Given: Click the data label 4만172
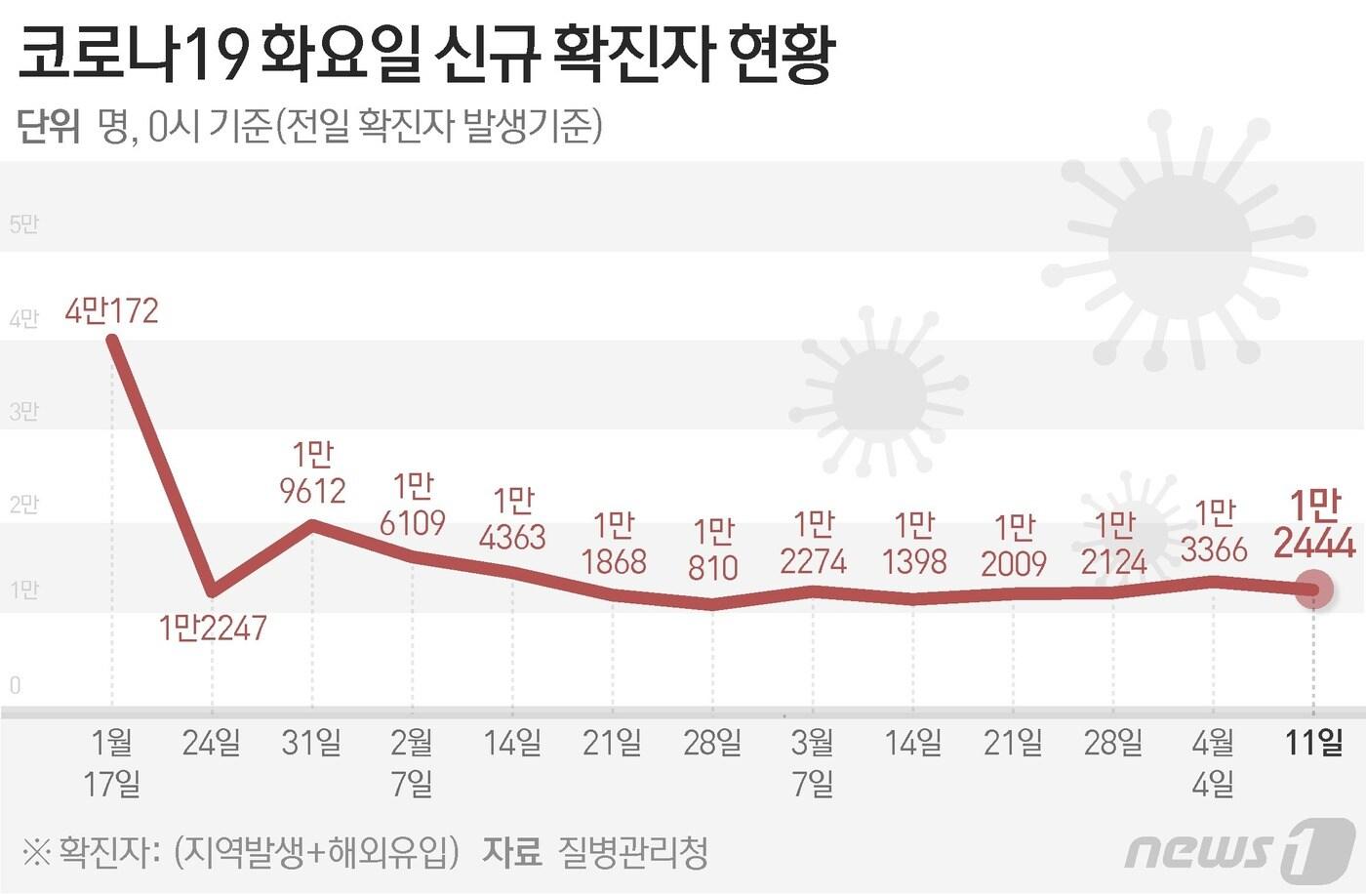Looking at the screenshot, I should coord(111,311).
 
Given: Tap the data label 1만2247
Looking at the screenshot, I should coord(213,628).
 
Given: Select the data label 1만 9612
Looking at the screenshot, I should coord(312,472).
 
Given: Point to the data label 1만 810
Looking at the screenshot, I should coord(713,549).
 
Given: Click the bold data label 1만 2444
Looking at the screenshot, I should coord(1314,524).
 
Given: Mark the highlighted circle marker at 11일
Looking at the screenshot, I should coord(1313,589).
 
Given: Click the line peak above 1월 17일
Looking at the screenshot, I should coord(113,340).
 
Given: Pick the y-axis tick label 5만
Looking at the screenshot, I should coord(23,224).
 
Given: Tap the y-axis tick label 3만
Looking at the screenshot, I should coord(23,411).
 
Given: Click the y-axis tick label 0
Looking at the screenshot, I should coord(15,685).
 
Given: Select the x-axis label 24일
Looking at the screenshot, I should coord(212,744).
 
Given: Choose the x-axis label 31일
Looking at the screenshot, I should coord(312,744).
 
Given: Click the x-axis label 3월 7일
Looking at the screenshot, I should coord(813,762).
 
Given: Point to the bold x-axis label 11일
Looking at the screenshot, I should coord(1313,744).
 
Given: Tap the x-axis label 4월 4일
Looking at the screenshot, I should coord(1213,762).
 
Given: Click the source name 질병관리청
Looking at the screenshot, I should coord(632,853).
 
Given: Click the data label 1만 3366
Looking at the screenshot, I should coord(1214,532).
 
